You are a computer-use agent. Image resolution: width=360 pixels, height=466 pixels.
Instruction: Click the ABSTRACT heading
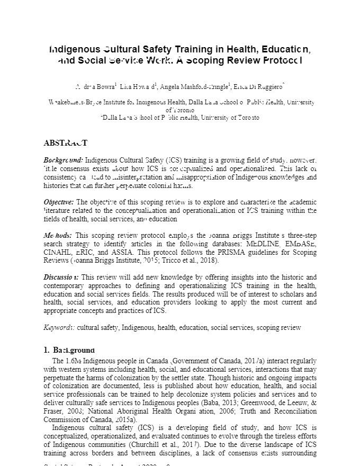click(x=65, y=143)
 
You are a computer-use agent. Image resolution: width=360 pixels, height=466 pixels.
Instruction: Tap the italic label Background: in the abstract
click(x=63, y=159)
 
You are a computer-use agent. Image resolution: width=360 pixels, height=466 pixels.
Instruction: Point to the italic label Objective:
click(x=59, y=202)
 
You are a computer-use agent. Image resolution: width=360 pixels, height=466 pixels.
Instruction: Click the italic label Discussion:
click(x=61, y=277)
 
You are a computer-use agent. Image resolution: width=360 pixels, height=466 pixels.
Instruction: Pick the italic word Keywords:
click(x=59, y=328)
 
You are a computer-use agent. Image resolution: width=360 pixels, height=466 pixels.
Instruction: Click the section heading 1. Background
click(x=69, y=350)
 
